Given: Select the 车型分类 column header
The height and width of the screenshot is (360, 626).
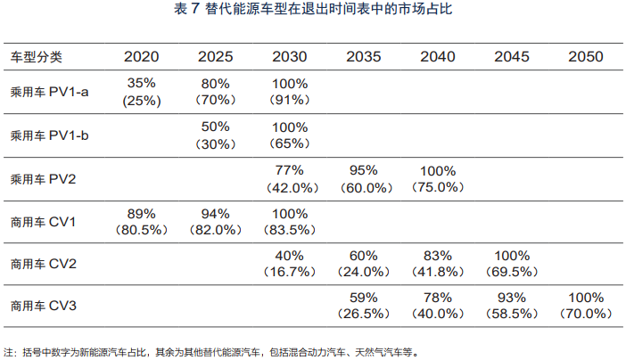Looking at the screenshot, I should tap(37, 57).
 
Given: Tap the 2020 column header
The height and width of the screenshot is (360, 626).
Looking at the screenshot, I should tap(142, 57).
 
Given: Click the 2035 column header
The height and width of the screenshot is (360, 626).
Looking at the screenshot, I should tap(363, 57).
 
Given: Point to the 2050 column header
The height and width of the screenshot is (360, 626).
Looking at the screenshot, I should tap(584, 57).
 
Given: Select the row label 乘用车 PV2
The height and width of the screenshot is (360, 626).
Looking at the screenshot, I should tap(42, 178).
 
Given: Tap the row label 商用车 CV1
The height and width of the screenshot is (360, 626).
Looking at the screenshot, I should tap(42, 222).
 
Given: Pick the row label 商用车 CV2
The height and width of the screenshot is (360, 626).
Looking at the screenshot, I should tap(42, 265).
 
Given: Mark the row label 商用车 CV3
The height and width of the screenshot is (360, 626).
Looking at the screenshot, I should tap(42, 307).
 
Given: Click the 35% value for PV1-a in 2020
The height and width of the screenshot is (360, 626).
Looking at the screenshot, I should tap(143, 83).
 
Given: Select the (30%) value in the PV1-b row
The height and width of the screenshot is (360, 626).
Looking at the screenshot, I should tap(216, 143).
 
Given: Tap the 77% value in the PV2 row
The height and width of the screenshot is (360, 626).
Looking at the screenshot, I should tap(290, 169).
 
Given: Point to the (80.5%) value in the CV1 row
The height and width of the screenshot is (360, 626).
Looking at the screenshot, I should tap(143, 230).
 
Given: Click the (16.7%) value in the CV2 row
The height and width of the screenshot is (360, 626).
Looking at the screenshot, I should tap(290, 273).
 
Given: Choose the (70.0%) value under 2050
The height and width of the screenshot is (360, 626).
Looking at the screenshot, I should tap(585, 315).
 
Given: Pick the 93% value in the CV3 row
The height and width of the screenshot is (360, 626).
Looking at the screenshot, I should tap(511, 299).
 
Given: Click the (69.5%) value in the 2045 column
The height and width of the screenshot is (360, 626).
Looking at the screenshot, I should tap(511, 273).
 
